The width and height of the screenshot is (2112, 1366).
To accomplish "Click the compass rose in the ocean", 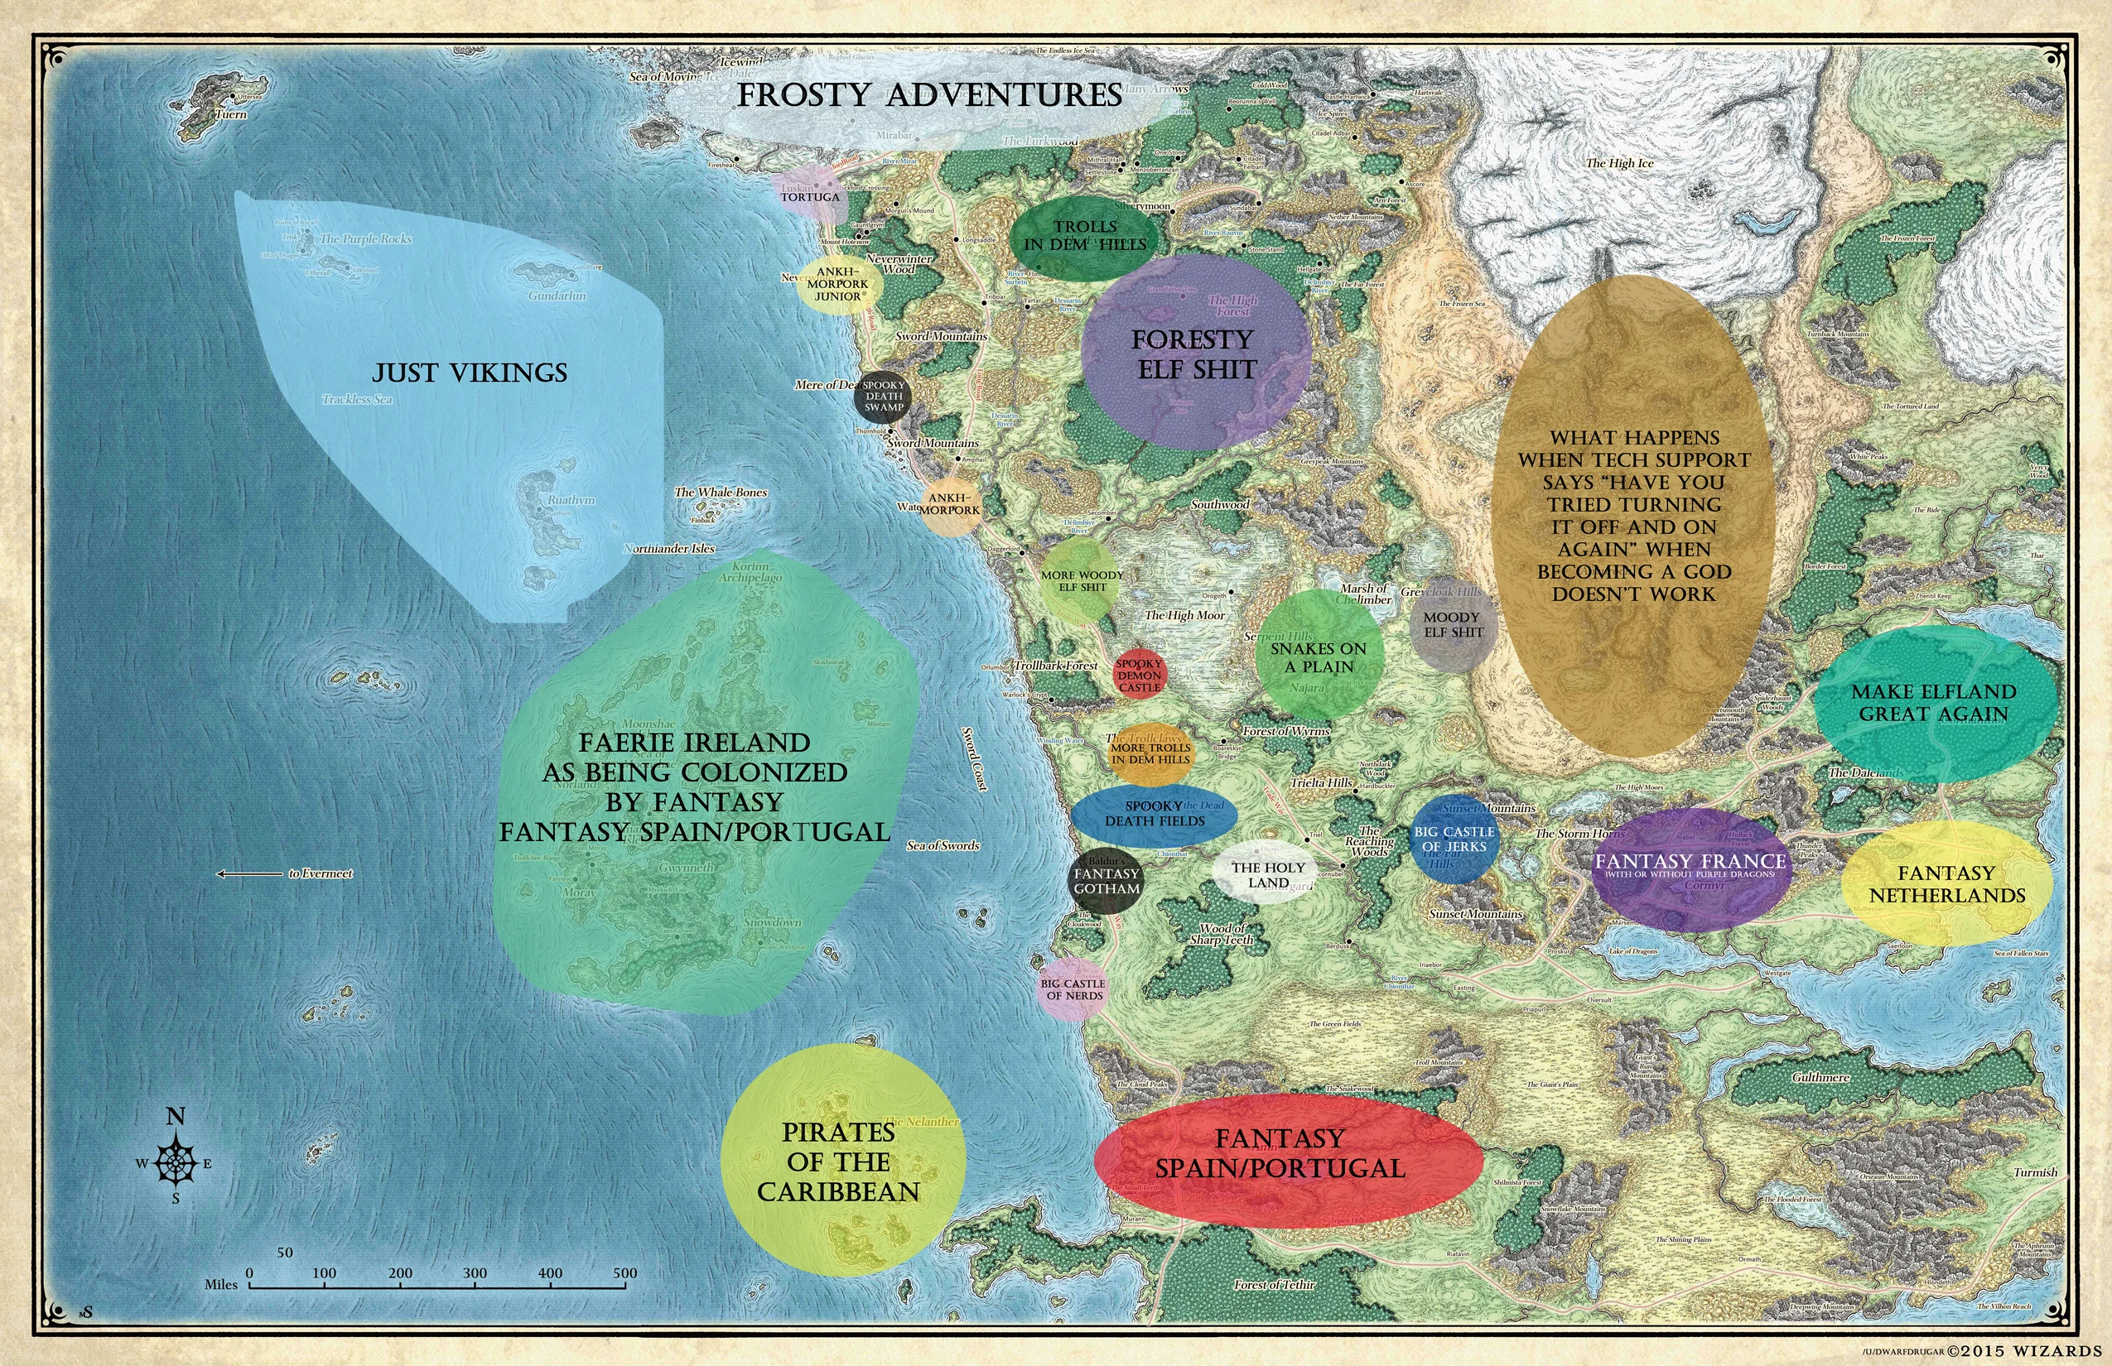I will click(x=176, y=1163).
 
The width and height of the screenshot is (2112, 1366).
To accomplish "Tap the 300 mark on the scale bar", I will click(x=475, y=1282).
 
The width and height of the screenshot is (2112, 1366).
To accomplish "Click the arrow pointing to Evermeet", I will click(x=250, y=873).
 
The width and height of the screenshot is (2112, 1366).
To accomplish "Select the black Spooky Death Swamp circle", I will click(x=884, y=397).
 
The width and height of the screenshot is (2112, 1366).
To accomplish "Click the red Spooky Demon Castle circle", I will click(x=1140, y=675).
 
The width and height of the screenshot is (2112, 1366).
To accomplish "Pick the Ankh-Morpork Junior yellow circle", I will click(x=838, y=285).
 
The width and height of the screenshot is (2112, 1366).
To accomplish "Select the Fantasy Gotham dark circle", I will click(x=1106, y=881).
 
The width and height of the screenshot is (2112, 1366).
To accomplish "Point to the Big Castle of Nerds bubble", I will click(x=1073, y=989).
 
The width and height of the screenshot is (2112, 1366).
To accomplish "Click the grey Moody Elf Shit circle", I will click(x=1453, y=624).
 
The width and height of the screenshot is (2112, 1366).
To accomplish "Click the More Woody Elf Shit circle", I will click(x=1081, y=581).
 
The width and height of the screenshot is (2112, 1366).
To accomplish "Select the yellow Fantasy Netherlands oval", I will click(x=1947, y=883).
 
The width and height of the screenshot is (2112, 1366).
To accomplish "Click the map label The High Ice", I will click(x=1619, y=163).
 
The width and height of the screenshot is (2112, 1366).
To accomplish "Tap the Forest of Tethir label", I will click(x=1275, y=1283).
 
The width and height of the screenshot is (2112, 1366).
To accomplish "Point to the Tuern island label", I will click(x=232, y=114).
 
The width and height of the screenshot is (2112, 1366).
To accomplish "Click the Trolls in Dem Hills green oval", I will click(x=1084, y=236).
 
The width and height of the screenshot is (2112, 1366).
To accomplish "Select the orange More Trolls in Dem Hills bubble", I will click(x=1150, y=754).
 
